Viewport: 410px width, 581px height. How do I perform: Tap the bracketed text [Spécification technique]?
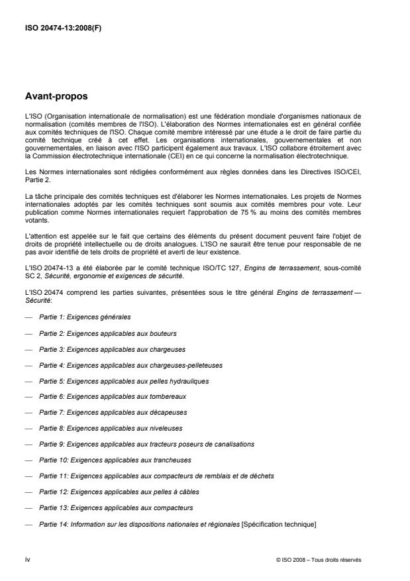280,523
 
